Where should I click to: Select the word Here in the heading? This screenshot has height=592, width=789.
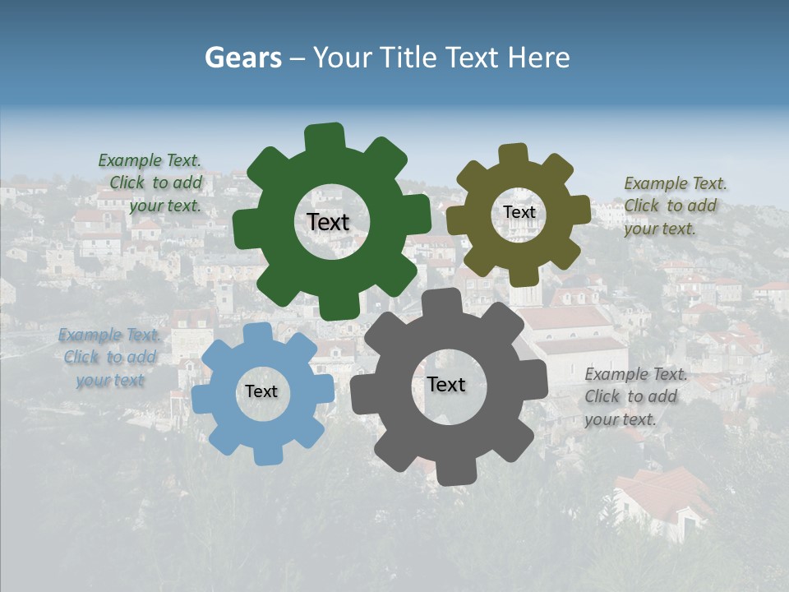(x=539, y=58)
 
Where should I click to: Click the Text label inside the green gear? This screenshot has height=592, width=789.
(x=328, y=222)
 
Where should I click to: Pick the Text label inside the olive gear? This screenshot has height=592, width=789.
(x=519, y=212)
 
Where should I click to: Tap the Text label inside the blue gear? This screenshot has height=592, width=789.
(x=261, y=391)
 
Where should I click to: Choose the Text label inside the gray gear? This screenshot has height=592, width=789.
(x=446, y=384)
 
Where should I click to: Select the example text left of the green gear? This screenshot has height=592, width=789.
(x=150, y=183)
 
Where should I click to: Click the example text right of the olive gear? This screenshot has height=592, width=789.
(x=674, y=206)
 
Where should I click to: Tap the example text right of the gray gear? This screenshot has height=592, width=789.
(x=634, y=396)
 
